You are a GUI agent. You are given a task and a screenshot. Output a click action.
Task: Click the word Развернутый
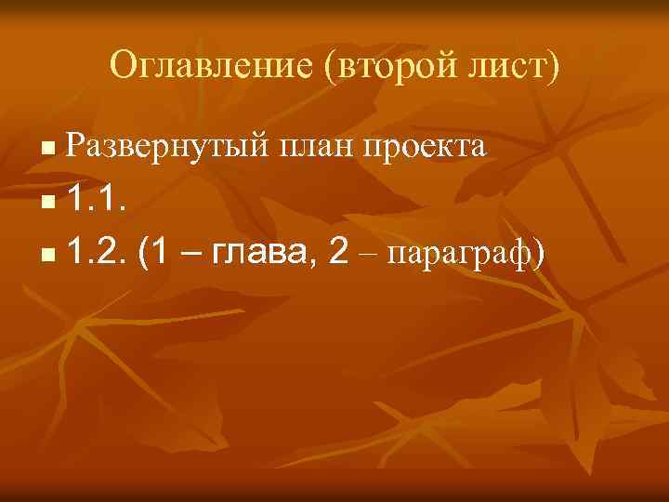(167, 147)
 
